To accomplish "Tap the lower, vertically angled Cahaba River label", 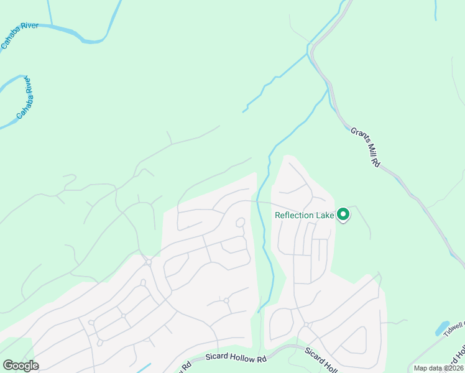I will [25, 98].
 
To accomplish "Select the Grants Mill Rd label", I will [365, 147].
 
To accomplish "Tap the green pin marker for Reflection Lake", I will [343, 215].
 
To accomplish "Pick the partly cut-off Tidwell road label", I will [454, 329].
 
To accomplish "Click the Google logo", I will [21, 366].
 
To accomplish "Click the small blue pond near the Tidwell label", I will [442, 328].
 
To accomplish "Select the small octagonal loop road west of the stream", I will [241, 223].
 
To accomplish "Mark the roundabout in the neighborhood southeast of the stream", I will [307, 325].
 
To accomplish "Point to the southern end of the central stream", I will [259, 311].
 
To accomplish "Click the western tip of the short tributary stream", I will [244, 111].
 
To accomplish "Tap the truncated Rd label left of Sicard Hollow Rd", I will [185, 366].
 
